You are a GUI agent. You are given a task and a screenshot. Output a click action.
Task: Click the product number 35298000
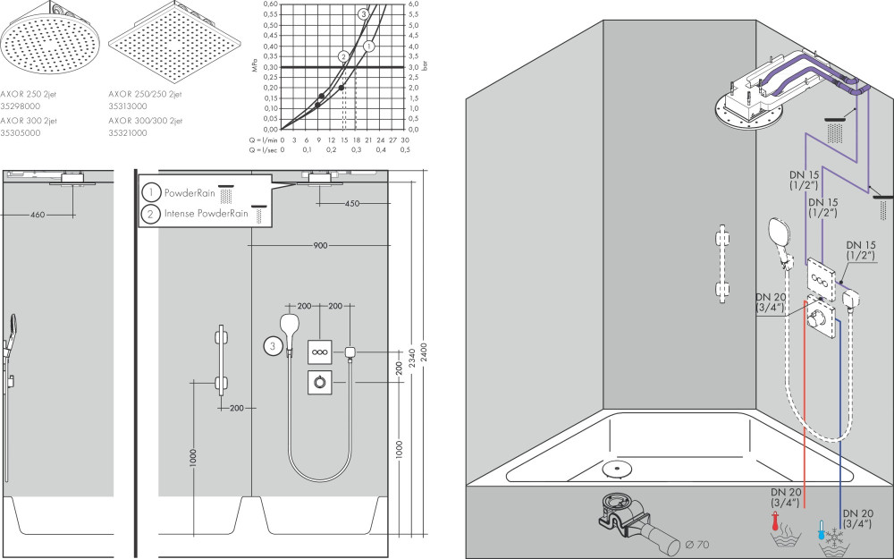[20, 106]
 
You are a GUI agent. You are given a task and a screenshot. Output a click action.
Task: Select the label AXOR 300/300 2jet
[146, 121]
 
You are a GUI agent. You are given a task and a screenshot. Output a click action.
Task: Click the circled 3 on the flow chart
[364, 14]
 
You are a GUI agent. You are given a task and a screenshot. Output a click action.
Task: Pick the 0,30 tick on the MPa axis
[272, 67]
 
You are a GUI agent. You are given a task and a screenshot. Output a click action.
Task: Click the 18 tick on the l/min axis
[356, 140]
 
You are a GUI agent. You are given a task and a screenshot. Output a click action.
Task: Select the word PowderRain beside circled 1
[190, 193]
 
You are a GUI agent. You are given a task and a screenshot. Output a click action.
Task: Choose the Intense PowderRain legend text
[207, 214]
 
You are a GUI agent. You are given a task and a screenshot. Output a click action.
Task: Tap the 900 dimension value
[320, 245]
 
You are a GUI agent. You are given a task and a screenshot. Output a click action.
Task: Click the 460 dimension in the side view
[38, 215]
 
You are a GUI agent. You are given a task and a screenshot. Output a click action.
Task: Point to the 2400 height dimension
[424, 351]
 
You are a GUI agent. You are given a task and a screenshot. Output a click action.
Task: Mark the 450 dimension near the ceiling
[352, 204]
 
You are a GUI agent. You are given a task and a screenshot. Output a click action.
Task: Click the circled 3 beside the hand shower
[273, 345]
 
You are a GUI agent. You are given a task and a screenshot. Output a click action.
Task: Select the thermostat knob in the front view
[320, 382]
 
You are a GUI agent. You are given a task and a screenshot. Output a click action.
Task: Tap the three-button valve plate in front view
[320, 351]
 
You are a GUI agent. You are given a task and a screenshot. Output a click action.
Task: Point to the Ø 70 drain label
[696, 544]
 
